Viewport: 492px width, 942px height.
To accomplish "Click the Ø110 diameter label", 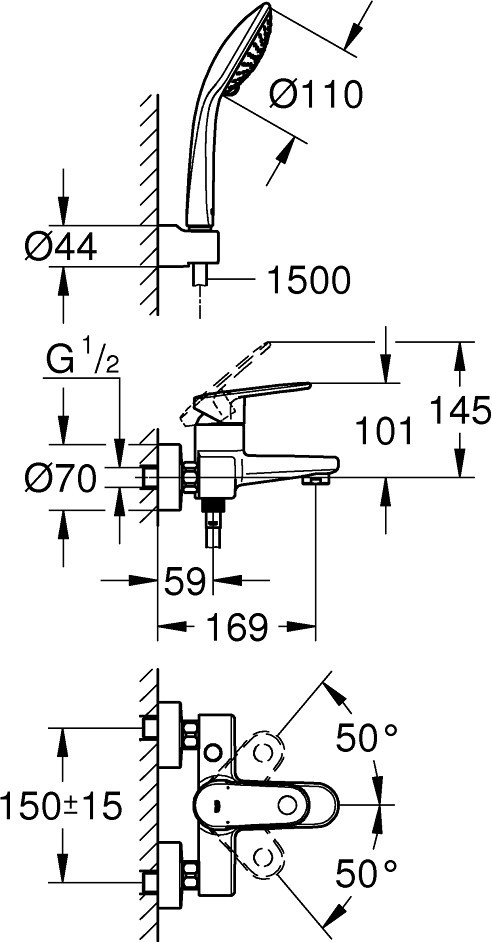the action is coord(315,94).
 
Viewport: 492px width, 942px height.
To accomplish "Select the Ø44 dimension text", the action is coord(61,246).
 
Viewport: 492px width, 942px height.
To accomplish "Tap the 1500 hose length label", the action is coord(308,280).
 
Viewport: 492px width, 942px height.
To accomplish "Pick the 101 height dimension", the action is coord(384,431).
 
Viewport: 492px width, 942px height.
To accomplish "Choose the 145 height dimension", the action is coord(461,412).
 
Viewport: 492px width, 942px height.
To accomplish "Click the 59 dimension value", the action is coord(184,581).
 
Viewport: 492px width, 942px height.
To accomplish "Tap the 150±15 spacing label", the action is coord(61,806).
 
